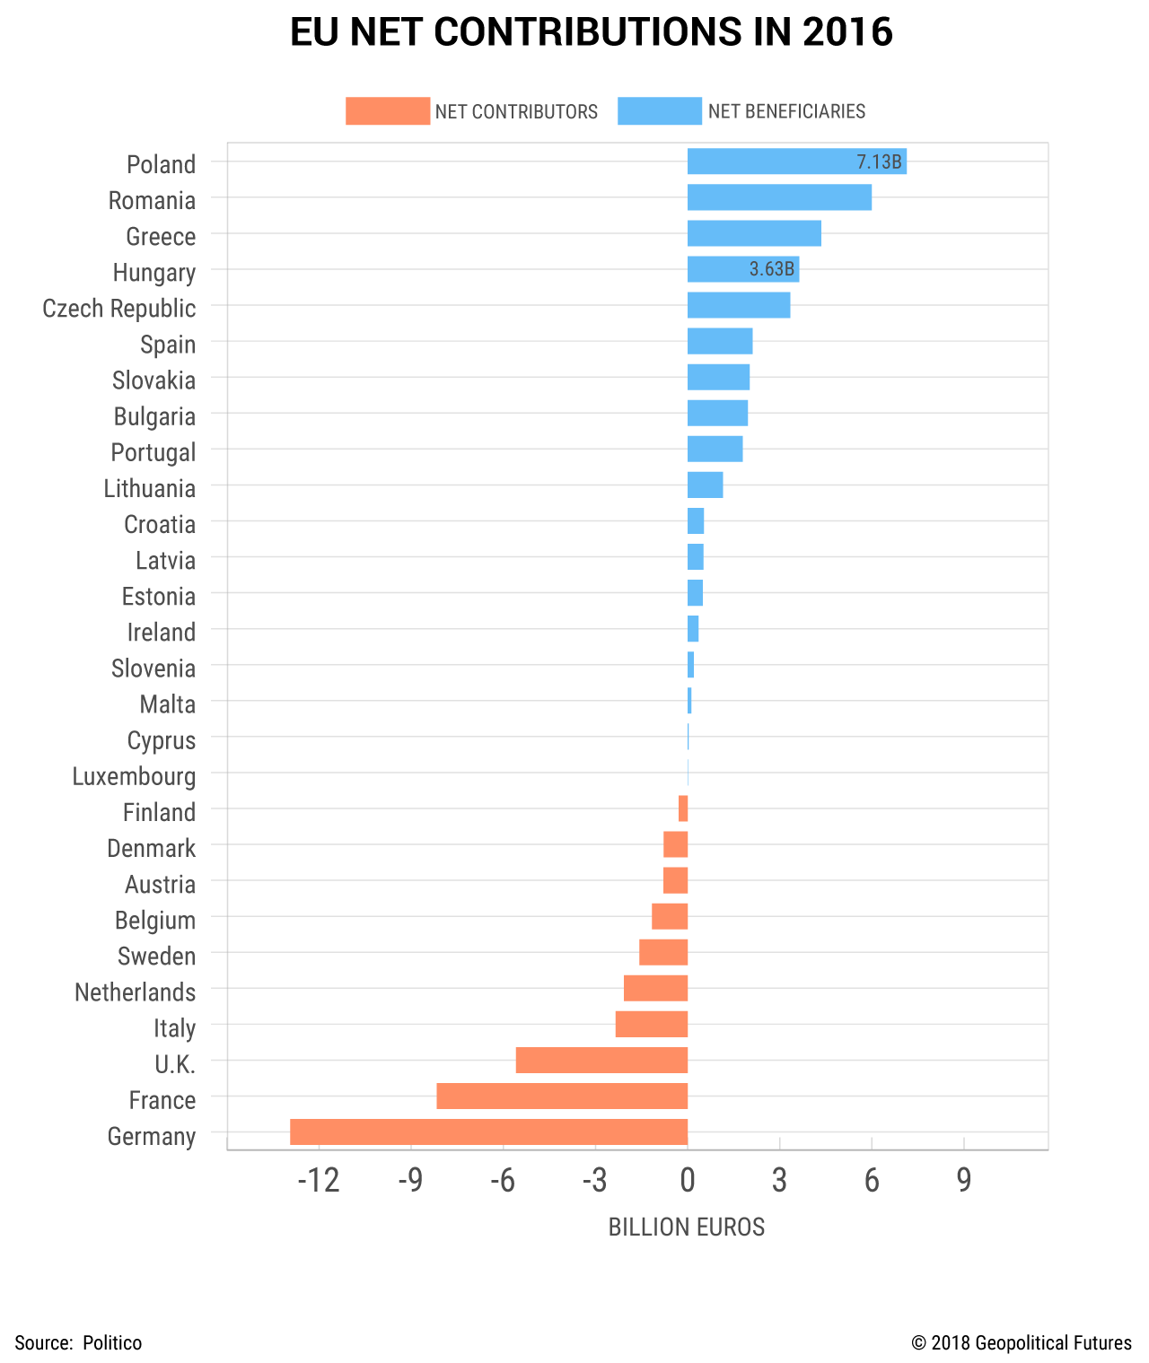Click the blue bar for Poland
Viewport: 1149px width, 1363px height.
coord(772,162)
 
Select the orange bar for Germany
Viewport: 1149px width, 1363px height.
coord(488,1131)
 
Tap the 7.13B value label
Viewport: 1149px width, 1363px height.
coord(879,162)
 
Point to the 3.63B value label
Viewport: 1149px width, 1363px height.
coord(771,269)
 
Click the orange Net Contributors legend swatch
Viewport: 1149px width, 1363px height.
coord(387,111)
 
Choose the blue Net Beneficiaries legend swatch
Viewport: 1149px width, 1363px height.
coord(659,111)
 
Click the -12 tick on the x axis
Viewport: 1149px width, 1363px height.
coord(319,1181)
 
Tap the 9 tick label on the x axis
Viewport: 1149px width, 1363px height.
coord(963,1181)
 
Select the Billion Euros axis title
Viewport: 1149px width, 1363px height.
coord(687,1227)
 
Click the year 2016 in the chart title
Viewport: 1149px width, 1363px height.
coord(847,32)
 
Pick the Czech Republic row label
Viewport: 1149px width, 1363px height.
coord(119,308)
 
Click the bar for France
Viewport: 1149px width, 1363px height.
coord(562,1096)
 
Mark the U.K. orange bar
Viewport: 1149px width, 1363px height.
coord(601,1060)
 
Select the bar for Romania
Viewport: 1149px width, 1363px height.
coord(779,197)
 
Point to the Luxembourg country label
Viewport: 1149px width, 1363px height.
coord(134,776)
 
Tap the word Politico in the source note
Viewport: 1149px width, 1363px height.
coord(112,1342)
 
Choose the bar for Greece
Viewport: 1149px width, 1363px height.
coord(754,233)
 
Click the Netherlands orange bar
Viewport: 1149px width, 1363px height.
coord(655,988)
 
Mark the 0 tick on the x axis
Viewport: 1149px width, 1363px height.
coord(688,1181)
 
